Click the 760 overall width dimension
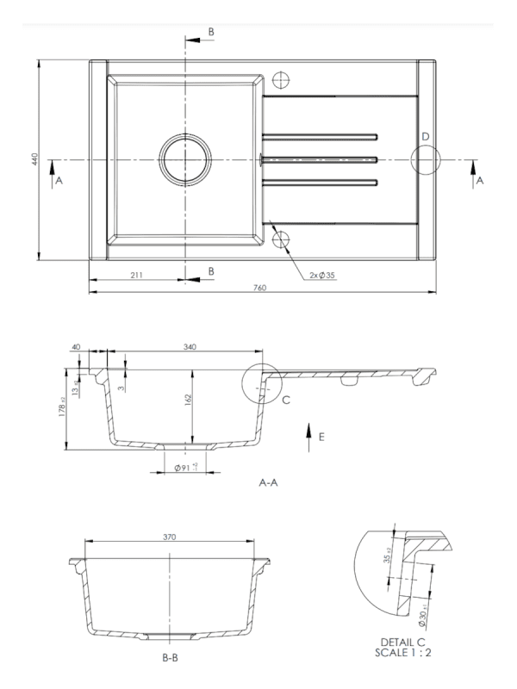(x=260, y=289)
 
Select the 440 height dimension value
(x=35, y=159)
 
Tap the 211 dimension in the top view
(x=136, y=275)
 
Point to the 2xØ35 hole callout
(x=322, y=276)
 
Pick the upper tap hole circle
(x=281, y=79)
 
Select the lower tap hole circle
(x=281, y=240)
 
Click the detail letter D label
(x=425, y=137)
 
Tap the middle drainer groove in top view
(x=320, y=160)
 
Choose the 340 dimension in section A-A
(x=190, y=347)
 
